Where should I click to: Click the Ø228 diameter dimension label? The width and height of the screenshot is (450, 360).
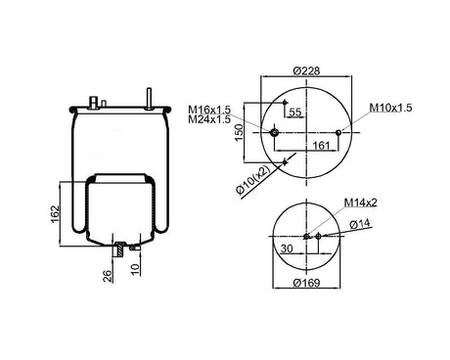[306, 70]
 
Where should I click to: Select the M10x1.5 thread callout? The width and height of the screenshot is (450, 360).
[390, 108]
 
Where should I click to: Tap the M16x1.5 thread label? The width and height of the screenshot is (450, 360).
[209, 110]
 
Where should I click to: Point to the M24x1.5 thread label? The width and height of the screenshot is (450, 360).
[209, 119]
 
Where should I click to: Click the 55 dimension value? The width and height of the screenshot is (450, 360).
[295, 112]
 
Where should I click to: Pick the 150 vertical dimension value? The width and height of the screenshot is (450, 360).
[240, 132]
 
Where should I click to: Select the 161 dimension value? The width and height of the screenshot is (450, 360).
[322, 146]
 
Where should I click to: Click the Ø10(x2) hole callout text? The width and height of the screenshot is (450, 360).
[253, 181]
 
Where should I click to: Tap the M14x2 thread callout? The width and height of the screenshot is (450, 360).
[361, 202]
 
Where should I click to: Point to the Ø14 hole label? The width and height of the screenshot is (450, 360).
[360, 224]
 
